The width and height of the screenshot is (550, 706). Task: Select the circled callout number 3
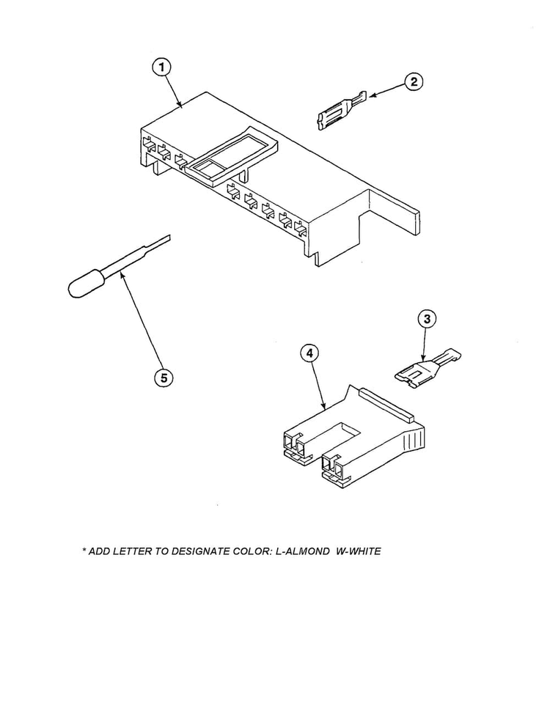pyautogui.click(x=427, y=319)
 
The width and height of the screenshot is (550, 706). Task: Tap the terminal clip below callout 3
pyautogui.click(x=427, y=367)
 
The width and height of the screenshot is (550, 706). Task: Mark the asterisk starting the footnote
pyautogui.click(x=84, y=551)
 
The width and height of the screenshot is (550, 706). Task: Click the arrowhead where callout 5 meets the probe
pyautogui.click(x=121, y=274)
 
